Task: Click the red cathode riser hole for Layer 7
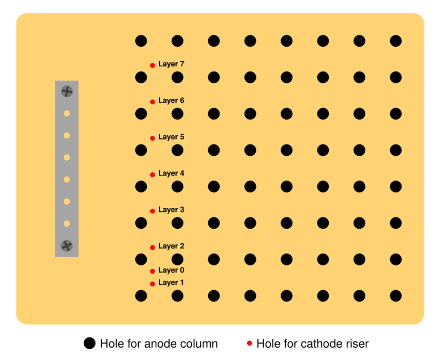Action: (153, 65)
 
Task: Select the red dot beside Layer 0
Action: (153, 271)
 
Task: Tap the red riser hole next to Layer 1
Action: (153, 283)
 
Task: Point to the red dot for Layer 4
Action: (153, 174)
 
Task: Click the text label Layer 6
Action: (171, 101)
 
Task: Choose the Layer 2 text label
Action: (171, 246)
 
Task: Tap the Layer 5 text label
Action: (171, 137)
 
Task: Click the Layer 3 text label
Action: (171, 210)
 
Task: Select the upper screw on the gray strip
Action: (67, 91)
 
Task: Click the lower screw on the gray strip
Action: (67, 246)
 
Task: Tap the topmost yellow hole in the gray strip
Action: (67, 113)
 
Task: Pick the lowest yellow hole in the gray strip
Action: (67, 224)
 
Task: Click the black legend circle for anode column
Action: (89, 343)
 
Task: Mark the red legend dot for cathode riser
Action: (249, 343)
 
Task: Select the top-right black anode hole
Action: (396, 41)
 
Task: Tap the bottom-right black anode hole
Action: (396, 296)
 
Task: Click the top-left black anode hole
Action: (141, 41)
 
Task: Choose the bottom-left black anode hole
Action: (141, 296)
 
